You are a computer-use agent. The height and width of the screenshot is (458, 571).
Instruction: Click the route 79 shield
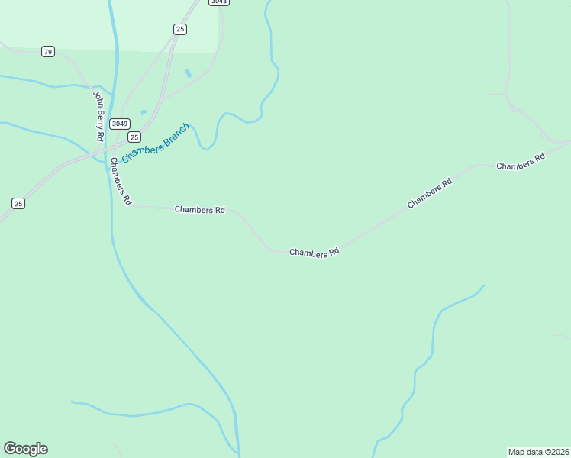click(x=48, y=52)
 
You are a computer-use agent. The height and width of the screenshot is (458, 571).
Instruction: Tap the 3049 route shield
click(x=119, y=124)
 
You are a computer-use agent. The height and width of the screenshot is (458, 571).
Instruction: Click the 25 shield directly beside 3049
click(x=134, y=137)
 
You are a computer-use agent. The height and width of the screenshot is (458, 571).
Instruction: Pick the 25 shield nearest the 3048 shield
click(x=179, y=29)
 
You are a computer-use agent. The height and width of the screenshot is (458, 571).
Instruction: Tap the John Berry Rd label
click(x=98, y=116)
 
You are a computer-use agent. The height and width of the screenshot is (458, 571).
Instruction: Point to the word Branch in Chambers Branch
click(x=175, y=134)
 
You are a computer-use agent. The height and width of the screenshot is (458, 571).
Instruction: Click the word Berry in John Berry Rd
click(x=98, y=117)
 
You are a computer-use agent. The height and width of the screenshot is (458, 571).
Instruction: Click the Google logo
click(x=25, y=449)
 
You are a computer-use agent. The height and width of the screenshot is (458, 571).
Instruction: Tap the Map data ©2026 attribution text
click(x=539, y=451)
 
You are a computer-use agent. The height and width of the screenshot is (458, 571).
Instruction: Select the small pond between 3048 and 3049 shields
click(x=188, y=73)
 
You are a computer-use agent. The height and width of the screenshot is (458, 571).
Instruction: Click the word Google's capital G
click(x=10, y=449)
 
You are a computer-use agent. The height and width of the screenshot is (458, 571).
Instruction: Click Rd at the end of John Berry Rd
click(x=99, y=136)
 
